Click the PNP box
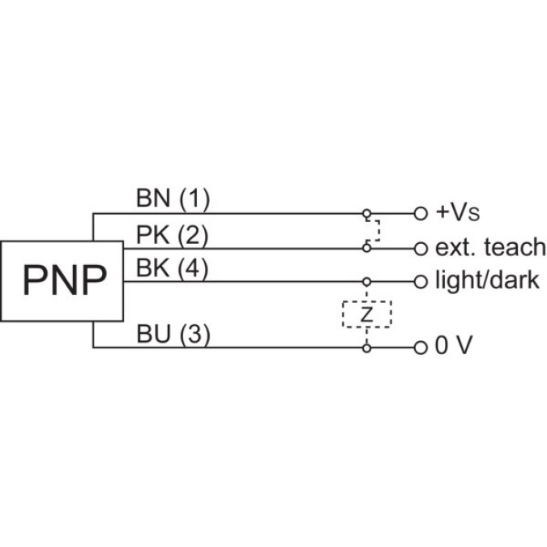click(x=64, y=280)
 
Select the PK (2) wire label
click(x=173, y=235)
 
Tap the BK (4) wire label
click(x=173, y=269)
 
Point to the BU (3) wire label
click(x=173, y=334)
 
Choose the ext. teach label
click(x=490, y=247)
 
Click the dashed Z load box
click(x=366, y=314)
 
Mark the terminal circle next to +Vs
click(x=420, y=214)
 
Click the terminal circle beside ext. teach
click(x=420, y=248)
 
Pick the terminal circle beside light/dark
click(x=420, y=282)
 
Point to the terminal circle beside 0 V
click(x=420, y=348)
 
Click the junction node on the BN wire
click(x=366, y=214)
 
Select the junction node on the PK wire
click(x=366, y=248)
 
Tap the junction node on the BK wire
click(x=366, y=282)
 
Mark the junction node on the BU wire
click(x=366, y=348)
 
